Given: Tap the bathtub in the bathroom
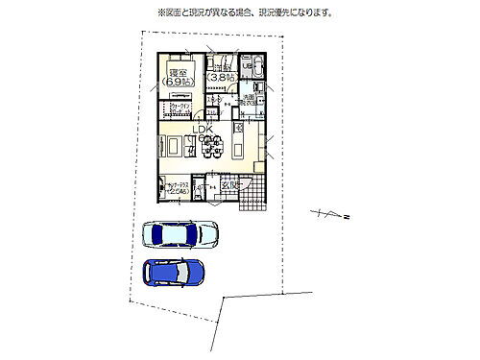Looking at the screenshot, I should coord(260,65).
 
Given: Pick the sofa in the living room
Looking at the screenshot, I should coord(172,147).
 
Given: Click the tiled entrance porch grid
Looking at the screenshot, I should coord(252,199).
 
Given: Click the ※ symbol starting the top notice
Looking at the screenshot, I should coord(161,12).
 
